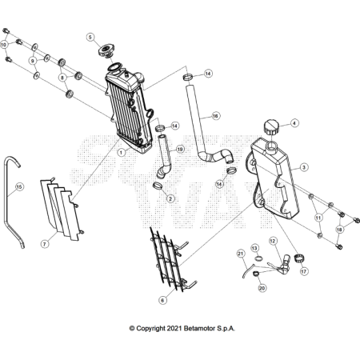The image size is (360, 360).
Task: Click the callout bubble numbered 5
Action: tap(90, 37)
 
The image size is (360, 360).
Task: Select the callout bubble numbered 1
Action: tap(122, 153)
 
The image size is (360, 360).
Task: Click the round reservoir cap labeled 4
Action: tap(271, 128)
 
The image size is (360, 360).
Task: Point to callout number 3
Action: tap(304, 167)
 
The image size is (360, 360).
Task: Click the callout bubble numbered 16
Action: tap(215, 116)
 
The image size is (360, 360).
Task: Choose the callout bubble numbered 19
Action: tap(180, 149)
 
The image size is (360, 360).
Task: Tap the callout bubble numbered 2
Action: tap(170, 198)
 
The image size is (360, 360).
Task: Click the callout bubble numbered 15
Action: tap(19, 187)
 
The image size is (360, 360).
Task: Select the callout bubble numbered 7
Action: tap(45, 244)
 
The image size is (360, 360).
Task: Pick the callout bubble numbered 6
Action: tap(162, 300)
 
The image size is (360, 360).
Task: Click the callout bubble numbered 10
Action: tap(3, 45)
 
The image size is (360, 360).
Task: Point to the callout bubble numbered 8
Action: tap(62, 78)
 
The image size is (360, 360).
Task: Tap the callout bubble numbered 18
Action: tap(339, 230)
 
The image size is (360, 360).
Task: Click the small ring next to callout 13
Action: tap(258, 258)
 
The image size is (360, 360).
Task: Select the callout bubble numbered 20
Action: tap(262, 288)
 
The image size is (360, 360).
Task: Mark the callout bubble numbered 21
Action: tap(241, 254)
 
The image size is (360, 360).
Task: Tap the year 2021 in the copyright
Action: tap(174, 328)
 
